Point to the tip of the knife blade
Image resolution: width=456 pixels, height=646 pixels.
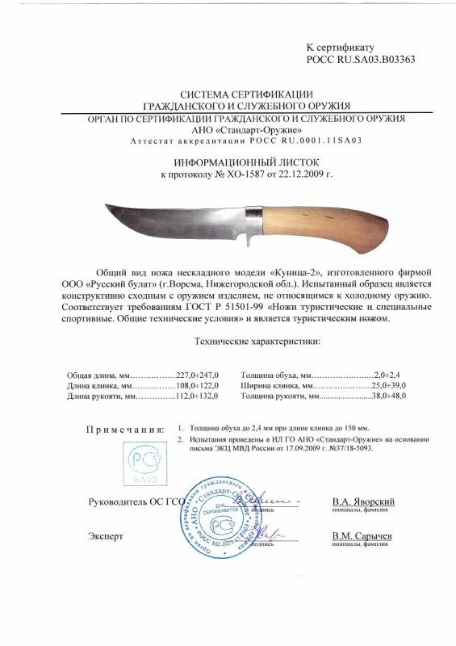(x=107, y=208)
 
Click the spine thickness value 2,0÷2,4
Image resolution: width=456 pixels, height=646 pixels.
(x=389, y=375)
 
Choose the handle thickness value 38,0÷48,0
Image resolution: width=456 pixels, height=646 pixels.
(x=386, y=398)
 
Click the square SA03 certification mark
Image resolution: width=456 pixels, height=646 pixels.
(x=145, y=462)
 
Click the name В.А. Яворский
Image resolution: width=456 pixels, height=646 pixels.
(x=363, y=501)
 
